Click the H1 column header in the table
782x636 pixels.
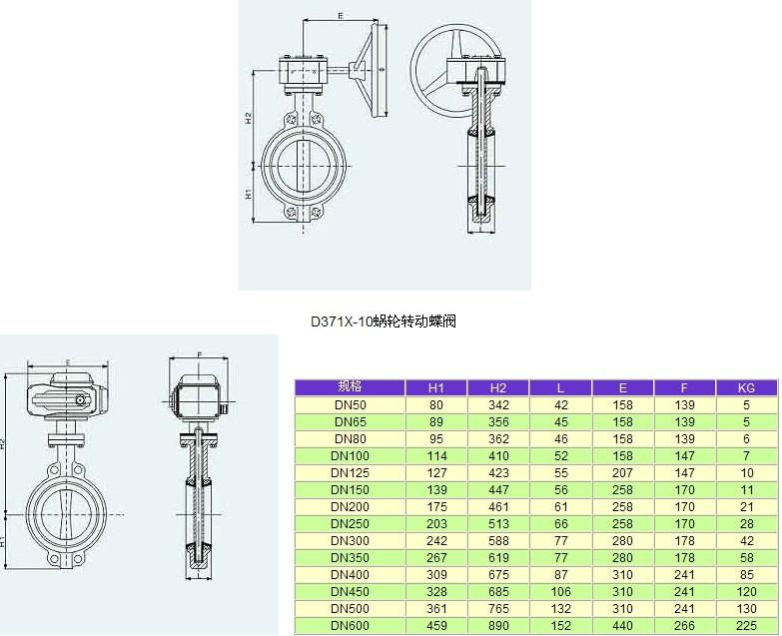pyautogui.click(x=435, y=387)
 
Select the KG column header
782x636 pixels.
pyautogui.click(x=746, y=387)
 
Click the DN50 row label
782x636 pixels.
pyautogui.click(x=351, y=404)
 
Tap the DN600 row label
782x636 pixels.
pyautogui.click(x=351, y=625)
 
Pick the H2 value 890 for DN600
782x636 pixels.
pyautogui.click(x=498, y=625)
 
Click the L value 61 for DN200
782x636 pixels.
pyautogui.click(x=560, y=506)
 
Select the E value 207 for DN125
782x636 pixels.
pyautogui.click(x=622, y=472)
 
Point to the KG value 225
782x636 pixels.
pyautogui.click(x=746, y=625)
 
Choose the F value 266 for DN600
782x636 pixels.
pyautogui.click(x=684, y=625)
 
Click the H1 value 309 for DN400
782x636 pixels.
pyautogui.click(x=436, y=574)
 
